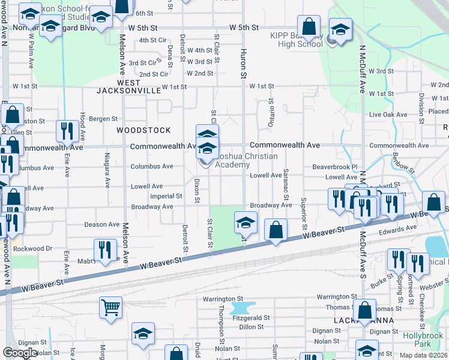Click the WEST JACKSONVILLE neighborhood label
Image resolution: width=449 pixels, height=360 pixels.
point(130,86)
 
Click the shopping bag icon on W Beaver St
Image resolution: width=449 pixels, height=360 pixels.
point(276,230)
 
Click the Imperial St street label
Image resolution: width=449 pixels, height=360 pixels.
point(166,196)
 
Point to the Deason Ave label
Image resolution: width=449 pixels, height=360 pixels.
point(101,224)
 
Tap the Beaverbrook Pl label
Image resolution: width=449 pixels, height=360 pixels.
point(334,167)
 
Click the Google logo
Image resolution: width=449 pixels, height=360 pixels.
point(20,353)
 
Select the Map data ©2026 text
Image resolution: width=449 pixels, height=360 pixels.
point(424,355)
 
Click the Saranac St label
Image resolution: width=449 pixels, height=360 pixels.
point(286,184)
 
